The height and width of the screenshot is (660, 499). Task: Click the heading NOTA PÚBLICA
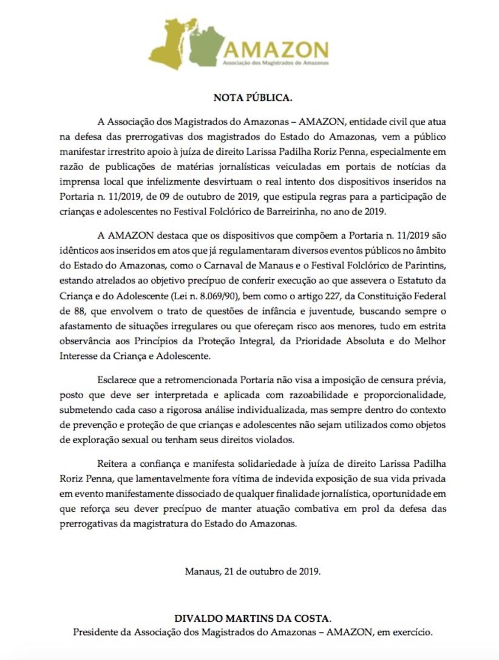(x=249, y=97)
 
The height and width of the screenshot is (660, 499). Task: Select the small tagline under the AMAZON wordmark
(x=276, y=63)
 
